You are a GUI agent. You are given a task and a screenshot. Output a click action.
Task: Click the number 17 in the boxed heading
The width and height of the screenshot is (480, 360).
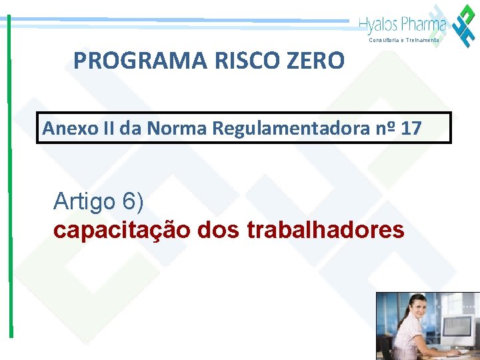pyautogui.click(x=411, y=128)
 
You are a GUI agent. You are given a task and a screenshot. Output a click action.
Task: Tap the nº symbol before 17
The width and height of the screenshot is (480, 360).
pyautogui.click(x=390, y=128)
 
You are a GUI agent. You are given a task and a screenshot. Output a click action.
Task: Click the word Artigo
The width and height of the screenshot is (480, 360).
pyautogui.click(x=84, y=201)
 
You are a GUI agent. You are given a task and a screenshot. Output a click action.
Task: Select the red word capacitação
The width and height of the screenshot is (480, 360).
pyautogui.click(x=122, y=230)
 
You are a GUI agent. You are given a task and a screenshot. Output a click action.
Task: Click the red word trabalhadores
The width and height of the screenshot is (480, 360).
pyautogui.click(x=325, y=230)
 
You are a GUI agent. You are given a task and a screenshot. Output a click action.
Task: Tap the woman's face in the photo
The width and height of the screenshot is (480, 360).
pyautogui.click(x=404, y=317)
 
